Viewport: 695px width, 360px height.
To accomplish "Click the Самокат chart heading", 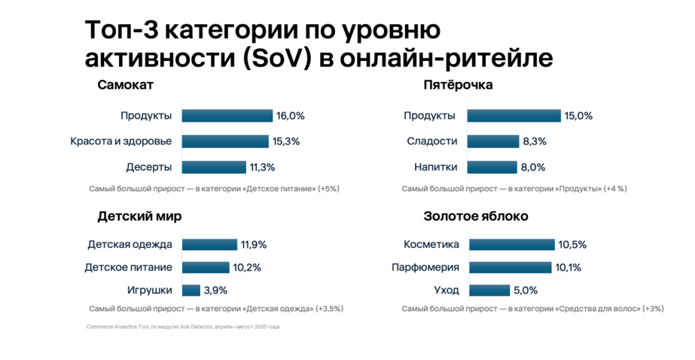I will (125, 85).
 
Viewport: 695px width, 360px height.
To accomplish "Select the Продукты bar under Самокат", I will (227, 116).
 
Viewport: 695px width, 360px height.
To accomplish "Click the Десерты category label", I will (149, 167).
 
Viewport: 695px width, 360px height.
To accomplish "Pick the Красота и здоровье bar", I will (224, 142).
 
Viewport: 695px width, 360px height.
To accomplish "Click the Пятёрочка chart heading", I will (458, 85).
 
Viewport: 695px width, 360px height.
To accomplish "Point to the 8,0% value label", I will (532, 167).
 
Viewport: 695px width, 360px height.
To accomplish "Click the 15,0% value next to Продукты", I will (579, 116).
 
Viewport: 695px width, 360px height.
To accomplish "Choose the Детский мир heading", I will (139, 216).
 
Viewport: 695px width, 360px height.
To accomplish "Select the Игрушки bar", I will (191, 290).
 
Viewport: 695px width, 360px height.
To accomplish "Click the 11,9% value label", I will (254, 245).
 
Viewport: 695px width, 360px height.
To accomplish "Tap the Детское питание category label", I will (128, 267).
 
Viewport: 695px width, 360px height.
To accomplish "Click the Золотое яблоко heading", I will (475, 216).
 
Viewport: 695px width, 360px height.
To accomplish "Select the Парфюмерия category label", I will (425, 267).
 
